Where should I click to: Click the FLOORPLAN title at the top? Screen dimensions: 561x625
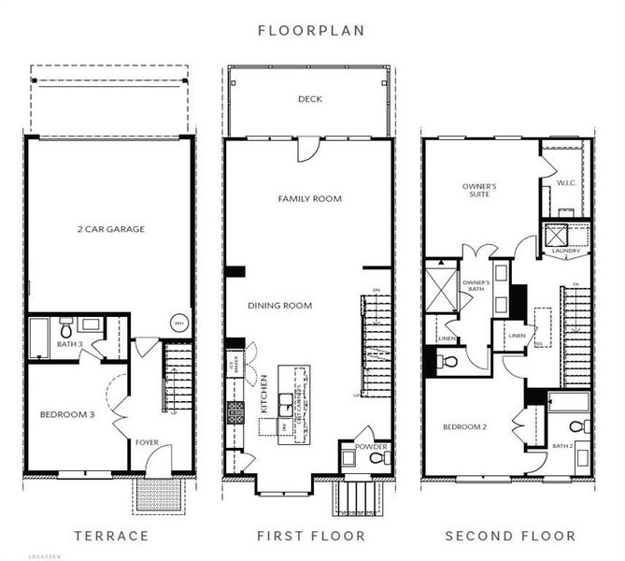pyautogui.click(x=311, y=30)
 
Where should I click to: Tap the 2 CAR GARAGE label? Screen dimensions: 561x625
pyautogui.click(x=110, y=228)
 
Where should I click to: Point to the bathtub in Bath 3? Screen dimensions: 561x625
pyautogui.click(x=38, y=338)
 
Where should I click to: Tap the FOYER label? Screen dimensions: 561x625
pyautogui.click(x=148, y=443)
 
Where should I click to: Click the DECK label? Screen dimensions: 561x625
pyautogui.click(x=310, y=99)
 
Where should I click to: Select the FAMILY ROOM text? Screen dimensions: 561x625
pyautogui.click(x=309, y=198)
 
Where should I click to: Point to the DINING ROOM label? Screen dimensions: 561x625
pyautogui.click(x=279, y=306)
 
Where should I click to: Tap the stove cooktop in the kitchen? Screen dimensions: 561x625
pyautogui.click(x=235, y=410)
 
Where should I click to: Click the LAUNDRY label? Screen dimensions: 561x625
pyautogui.click(x=565, y=251)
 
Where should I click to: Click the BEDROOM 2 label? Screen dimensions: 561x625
pyautogui.click(x=463, y=426)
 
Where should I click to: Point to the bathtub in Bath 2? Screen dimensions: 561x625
pyautogui.click(x=568, y=402)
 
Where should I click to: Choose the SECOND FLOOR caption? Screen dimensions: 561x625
pyautogui.click(x=510, y=536)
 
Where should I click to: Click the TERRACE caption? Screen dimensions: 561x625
pyautogui.click(x=111, y=536)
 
